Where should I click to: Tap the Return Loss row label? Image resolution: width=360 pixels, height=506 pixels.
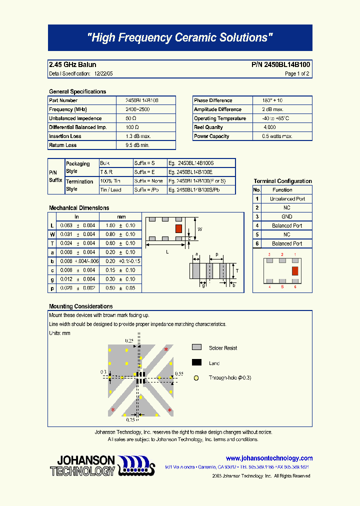(63, 145)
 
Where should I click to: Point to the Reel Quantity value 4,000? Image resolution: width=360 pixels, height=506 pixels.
(268, 127)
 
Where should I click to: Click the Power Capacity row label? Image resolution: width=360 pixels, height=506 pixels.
(211, 136)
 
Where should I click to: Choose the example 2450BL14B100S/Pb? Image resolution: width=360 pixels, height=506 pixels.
(194, 190)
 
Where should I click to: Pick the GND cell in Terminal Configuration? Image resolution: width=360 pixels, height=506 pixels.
(286, 217)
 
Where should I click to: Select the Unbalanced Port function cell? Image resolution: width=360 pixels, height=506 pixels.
(287, 199)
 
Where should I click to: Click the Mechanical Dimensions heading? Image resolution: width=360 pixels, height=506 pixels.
(79, 208)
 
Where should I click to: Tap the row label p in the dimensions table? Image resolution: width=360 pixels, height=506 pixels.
(52, 288)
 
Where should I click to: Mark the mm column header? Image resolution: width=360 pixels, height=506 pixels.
(121, 217)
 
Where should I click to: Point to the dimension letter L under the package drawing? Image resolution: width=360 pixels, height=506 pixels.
(167, 252)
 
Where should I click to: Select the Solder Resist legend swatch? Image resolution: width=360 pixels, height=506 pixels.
(196, 347)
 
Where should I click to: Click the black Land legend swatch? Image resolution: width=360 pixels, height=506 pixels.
(196, 363)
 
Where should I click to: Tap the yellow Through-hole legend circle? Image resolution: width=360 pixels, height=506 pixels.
(196, 378)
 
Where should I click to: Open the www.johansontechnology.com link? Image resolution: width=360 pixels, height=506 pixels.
(269, 458)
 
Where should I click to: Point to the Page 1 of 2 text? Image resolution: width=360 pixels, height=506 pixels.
(297, 74)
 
